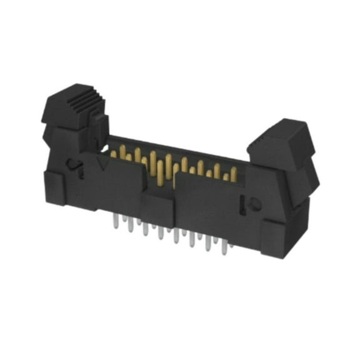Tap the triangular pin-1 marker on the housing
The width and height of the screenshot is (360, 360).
[x=102, y=164]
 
